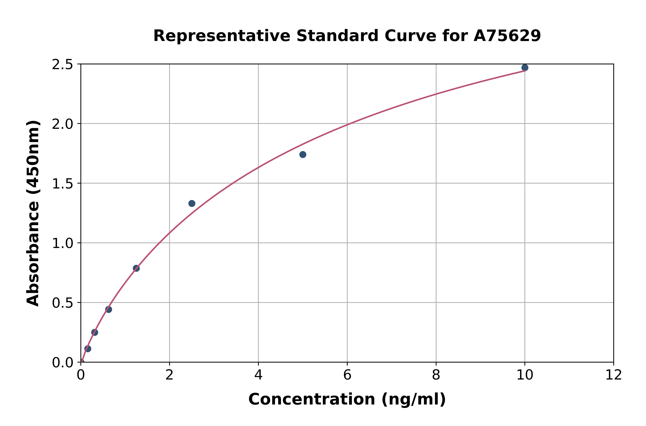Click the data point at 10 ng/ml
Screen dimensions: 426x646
525,68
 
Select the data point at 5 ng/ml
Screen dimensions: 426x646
303,155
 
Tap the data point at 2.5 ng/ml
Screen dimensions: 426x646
192,204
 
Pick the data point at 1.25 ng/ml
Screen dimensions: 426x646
136,268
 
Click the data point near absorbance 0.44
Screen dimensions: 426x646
109,309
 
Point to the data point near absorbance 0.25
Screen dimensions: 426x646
95,332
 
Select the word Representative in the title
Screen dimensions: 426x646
222,36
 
